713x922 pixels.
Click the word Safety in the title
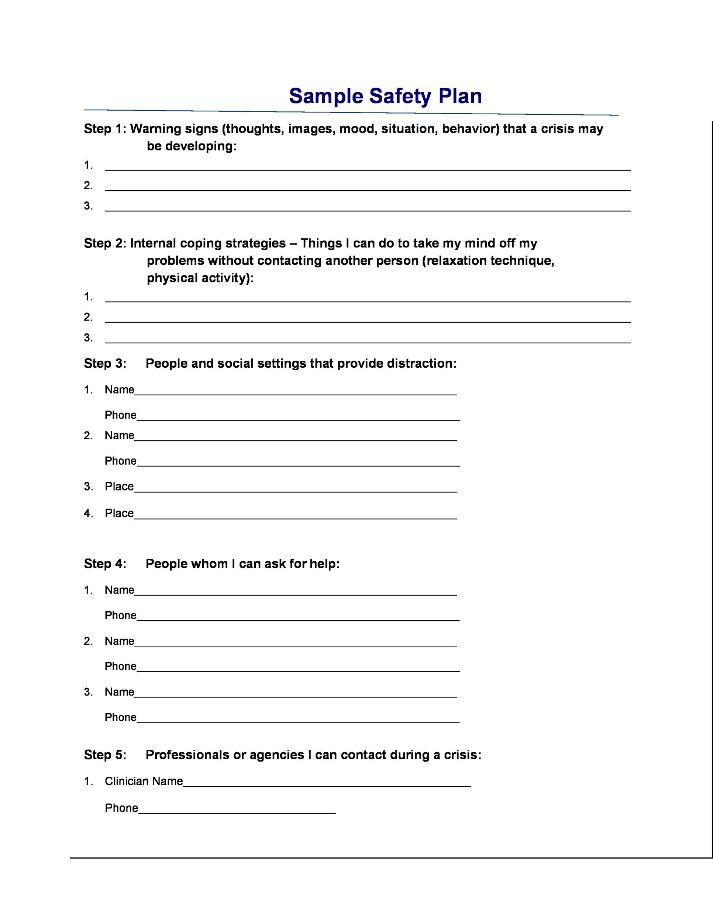point(400,96)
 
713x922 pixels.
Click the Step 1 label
point(104,129)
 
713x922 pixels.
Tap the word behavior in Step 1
point(470,129)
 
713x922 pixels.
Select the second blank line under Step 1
point(368,187)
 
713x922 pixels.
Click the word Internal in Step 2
point(153,243)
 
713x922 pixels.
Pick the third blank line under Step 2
point(368,339)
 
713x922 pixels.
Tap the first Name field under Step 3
point(296,391)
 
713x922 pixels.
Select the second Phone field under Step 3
point(298,463)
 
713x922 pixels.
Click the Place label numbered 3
point(119,487)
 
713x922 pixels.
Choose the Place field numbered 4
point(296,515)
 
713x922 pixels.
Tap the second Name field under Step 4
point(296,642)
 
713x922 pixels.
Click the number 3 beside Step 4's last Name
point(87,692)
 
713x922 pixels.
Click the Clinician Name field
point(327,783)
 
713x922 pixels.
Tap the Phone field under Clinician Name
point(237,810)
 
